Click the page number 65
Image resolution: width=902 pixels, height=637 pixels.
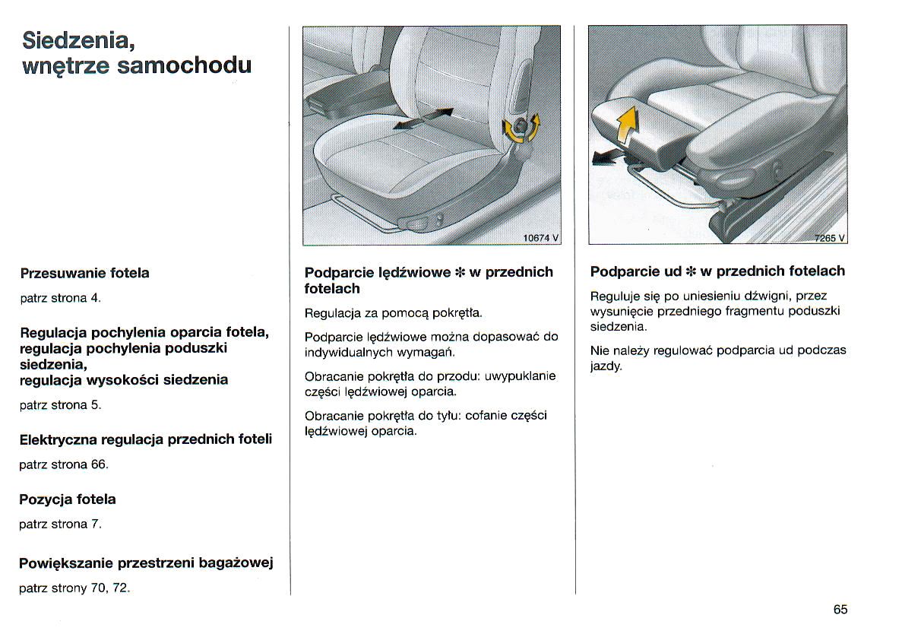tap(840, 610)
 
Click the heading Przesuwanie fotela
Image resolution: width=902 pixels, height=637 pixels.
tap(84, 273)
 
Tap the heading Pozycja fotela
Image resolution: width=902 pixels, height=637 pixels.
tap(68, 499)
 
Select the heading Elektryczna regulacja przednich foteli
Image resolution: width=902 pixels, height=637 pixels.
tap(145, 439)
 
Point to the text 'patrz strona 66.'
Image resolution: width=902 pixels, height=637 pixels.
tap(64, 464)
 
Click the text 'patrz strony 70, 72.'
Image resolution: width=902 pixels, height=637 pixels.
tap(75, 588)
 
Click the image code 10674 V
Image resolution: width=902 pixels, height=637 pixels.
tap(540, 238)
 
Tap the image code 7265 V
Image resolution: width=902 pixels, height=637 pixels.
tap(830, 238)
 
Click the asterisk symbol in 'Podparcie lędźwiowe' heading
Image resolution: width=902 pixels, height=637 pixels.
tap(460, 272)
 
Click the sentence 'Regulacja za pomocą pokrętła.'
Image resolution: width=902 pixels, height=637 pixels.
tap(394, 312)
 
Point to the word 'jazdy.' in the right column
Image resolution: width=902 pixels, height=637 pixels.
tap(606, 366)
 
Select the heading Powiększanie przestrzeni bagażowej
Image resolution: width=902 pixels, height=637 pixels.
tap(146, 563)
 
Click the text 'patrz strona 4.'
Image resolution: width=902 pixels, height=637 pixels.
tap(60, 297)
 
